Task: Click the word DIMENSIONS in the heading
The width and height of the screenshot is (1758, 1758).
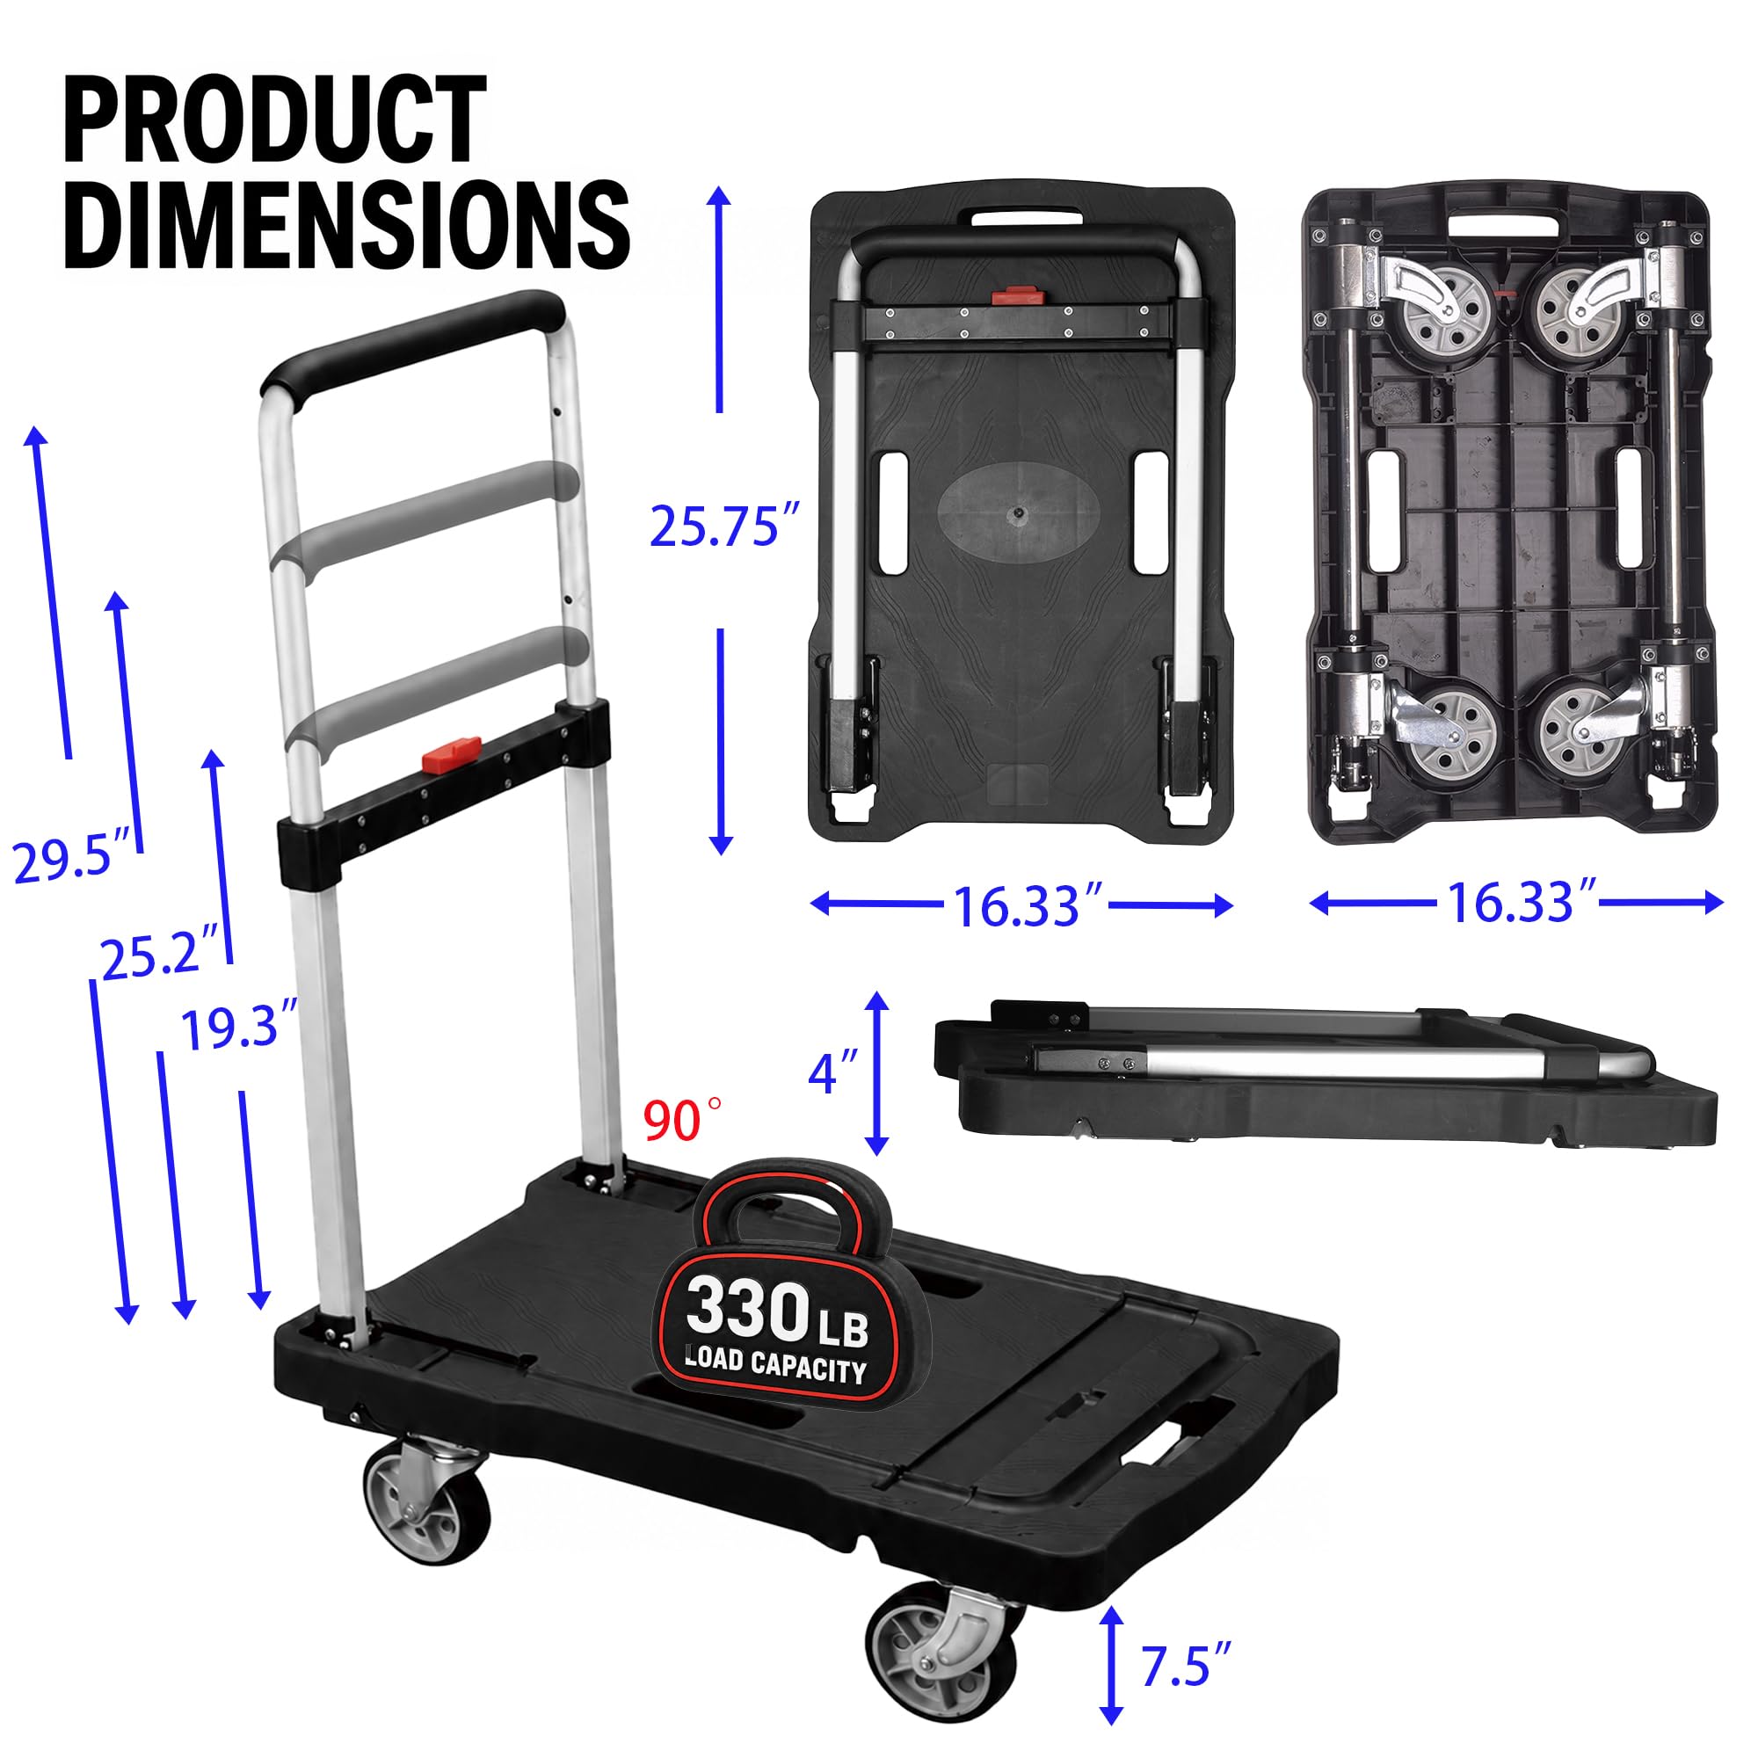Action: pos(346,223)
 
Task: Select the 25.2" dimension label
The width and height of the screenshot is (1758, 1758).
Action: pos(160,952)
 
